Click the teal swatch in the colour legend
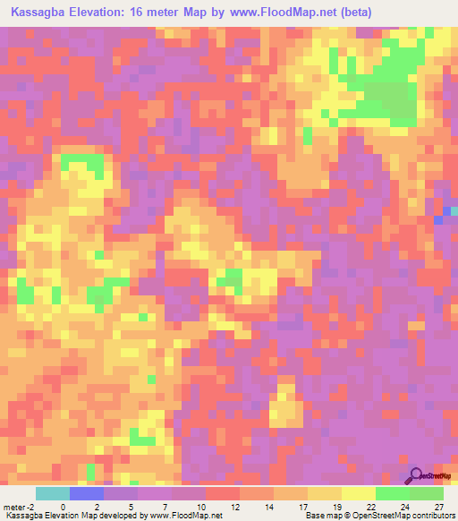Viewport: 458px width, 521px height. click(53, 494)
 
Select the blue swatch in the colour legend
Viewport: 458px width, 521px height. click(87, 494)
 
